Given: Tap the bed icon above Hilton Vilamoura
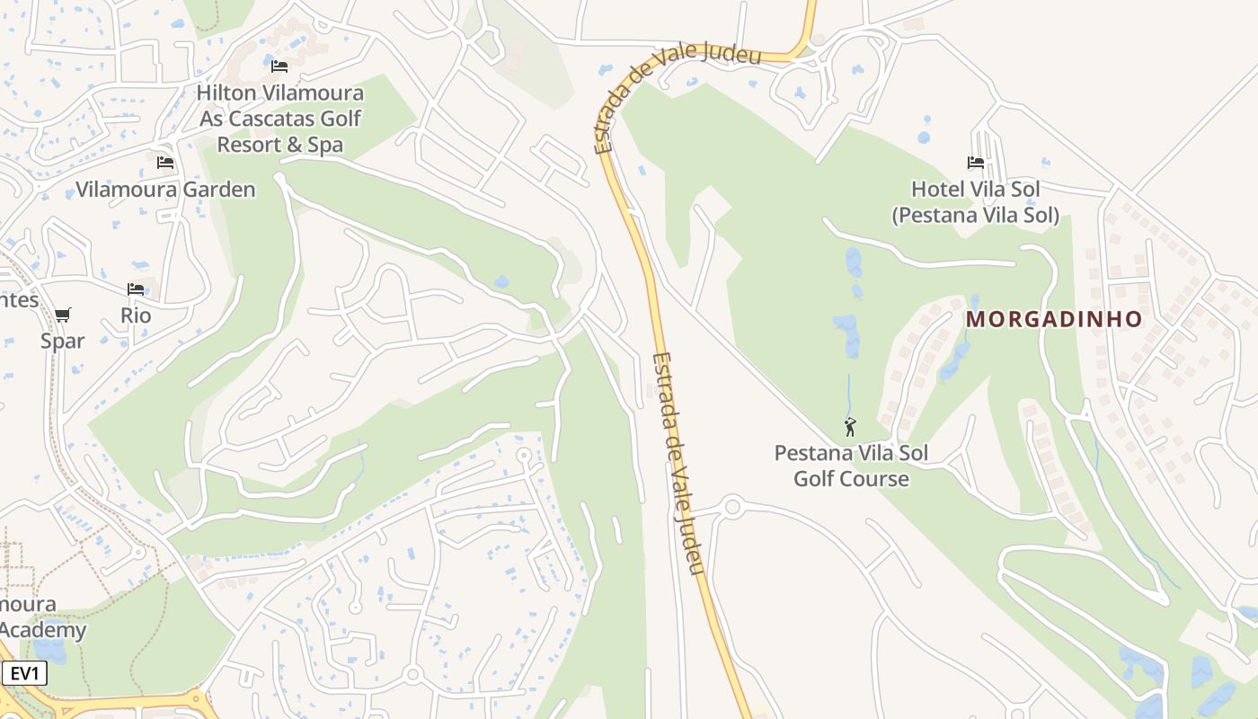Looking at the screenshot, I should point(279,66).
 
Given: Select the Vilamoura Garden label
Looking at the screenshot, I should point(165,190).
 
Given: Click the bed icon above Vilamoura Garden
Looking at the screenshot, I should point(165,163).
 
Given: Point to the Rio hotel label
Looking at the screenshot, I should point(136,315).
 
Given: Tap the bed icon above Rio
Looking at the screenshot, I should point(136,289).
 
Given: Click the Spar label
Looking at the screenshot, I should point(63,341).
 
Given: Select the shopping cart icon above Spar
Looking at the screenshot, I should point(62,315).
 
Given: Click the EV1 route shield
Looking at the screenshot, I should point(24,674).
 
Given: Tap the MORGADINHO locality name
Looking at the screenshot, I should point(1054,319).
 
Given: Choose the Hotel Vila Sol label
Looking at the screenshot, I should point(975,189).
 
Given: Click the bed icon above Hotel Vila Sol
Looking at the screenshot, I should point(976,163).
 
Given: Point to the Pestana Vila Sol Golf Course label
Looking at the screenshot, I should point(851,466).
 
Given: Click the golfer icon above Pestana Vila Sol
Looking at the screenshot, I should point(850,427).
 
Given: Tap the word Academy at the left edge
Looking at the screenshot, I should point(43,630).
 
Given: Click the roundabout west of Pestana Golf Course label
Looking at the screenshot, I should point(732,508).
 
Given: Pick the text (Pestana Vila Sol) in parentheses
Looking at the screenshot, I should point(975,216).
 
